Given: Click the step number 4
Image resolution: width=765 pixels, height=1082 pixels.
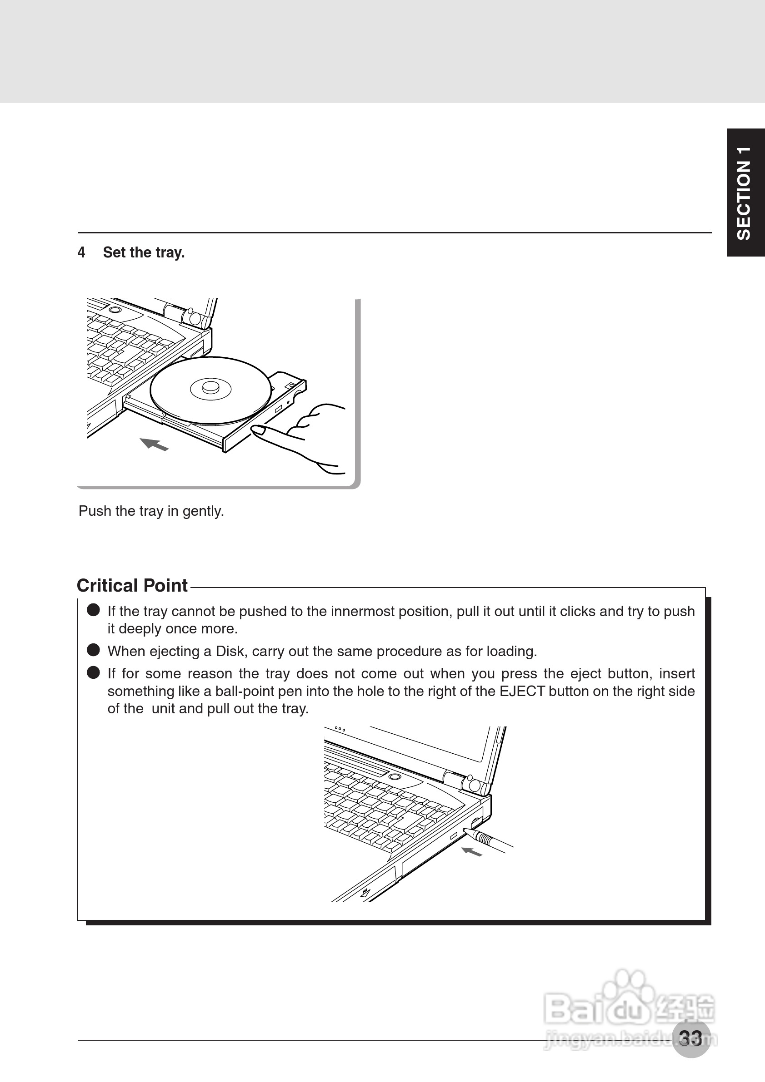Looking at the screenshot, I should point(81,252).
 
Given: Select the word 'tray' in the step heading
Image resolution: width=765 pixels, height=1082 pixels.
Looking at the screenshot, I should point(168,252).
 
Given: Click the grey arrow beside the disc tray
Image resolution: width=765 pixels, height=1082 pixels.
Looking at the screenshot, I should point(154,444).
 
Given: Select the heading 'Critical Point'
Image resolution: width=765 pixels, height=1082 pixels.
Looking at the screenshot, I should point(132,585).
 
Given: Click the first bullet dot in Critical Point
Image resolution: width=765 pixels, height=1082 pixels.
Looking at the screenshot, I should point(93,610).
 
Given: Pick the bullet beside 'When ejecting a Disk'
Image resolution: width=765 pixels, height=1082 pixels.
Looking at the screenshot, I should point(93,650).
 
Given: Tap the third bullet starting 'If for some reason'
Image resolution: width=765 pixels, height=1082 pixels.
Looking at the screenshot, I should point(93,672).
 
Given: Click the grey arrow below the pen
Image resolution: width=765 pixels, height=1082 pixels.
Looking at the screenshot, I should point(471,851).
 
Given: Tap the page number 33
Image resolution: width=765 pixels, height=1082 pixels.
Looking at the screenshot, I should point(690,1038).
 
